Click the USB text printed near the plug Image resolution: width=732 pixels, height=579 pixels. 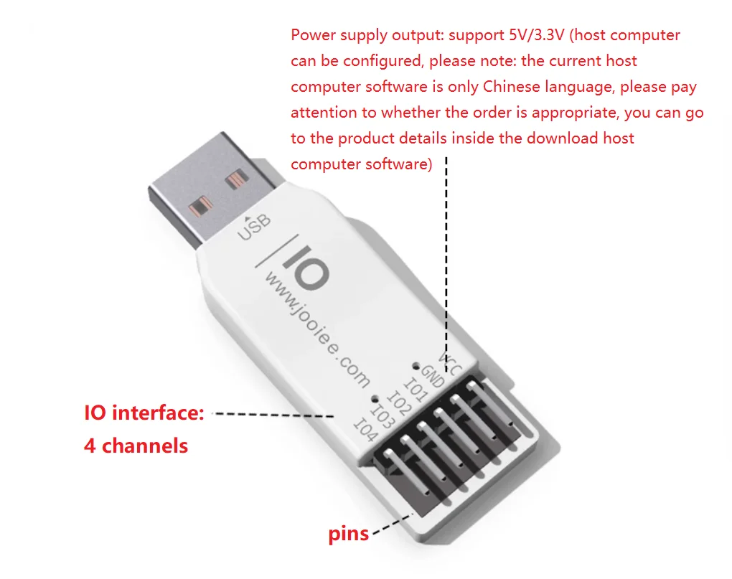(255, 228)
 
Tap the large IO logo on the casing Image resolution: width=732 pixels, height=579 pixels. (305, 265)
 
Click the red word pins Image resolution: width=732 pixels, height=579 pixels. (348, 534)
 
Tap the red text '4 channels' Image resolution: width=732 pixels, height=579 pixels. (136, 446)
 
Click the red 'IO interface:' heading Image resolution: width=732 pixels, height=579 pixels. (144, 413)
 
